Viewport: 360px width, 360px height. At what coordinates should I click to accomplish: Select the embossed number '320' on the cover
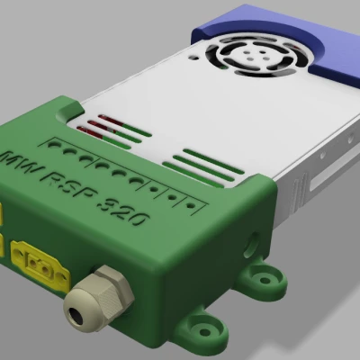coord(126,214)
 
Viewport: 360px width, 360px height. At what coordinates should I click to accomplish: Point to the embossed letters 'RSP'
coord(71,187)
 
